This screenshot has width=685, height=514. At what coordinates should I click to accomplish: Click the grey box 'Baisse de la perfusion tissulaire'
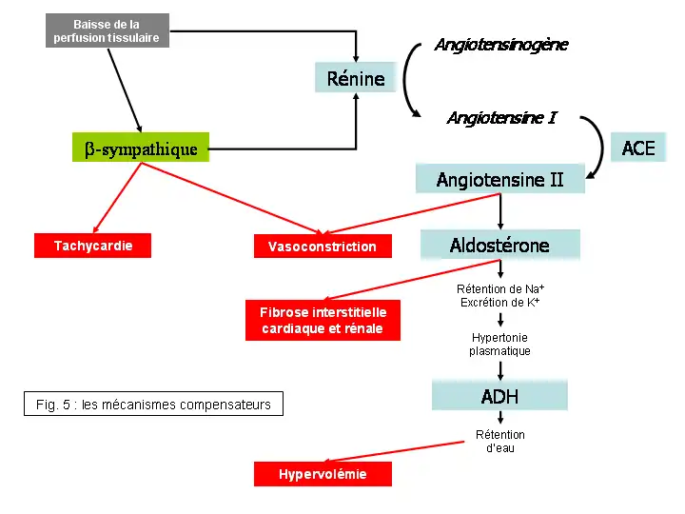point(107,30)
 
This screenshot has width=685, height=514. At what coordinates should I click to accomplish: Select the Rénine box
point(356,78)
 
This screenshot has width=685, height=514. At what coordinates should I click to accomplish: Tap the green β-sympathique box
point(141,148)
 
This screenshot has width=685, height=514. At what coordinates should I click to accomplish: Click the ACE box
point(638,148)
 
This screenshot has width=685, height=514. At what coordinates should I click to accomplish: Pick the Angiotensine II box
point(499,179)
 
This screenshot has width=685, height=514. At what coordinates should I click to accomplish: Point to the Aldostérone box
point(499,246)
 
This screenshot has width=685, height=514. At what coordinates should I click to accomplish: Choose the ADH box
point(499,396)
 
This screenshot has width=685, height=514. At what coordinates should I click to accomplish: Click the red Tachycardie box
point(93,246)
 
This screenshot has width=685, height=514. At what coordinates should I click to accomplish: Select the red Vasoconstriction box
point(323,247)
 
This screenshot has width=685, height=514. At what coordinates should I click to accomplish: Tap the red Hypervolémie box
point(323,474)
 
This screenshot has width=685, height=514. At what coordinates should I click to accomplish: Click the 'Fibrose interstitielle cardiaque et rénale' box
point(323,321)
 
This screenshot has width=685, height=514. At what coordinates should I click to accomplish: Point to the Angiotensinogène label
point(501,45)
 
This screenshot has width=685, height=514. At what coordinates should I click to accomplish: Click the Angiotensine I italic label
point(501,118)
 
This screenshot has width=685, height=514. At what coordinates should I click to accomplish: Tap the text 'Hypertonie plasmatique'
point(499,345)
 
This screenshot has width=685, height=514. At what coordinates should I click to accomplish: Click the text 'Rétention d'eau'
point(499,442)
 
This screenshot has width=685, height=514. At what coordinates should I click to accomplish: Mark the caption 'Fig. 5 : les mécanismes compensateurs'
point(153,405)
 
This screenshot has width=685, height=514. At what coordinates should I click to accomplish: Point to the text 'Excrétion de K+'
point(499,303)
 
